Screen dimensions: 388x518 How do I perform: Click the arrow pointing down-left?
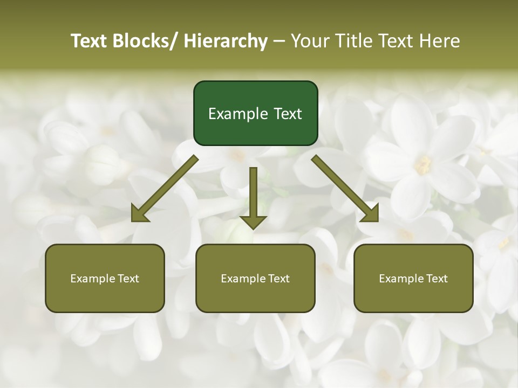click(x=165, y=188)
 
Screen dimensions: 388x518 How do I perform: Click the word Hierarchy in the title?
click(x=226, y=41)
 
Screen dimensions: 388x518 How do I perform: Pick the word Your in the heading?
click(x=309, y=41)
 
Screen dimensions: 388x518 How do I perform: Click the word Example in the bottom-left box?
click(x=92, y=279)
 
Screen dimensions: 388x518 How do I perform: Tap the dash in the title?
click(x=279, y=41)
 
